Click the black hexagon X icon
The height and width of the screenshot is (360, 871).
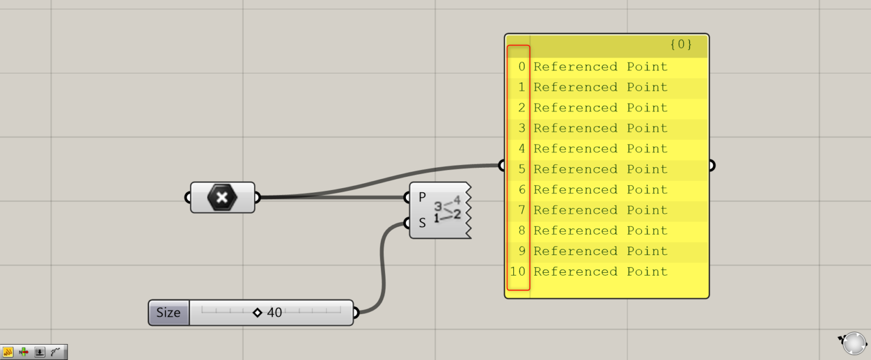222,197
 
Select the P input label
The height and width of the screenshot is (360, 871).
422,197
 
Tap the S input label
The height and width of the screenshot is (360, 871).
422,223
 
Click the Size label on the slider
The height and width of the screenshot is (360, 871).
168,312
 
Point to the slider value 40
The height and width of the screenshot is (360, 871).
274,312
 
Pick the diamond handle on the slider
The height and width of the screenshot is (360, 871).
257,312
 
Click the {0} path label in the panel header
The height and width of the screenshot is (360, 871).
680,45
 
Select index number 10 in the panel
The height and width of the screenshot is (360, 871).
518,272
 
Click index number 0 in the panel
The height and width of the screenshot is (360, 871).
522,67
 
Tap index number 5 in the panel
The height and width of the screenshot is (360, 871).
522,170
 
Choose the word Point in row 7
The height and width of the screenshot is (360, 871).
647,210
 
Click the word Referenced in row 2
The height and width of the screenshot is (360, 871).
575,108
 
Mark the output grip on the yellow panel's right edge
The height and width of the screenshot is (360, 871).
711,166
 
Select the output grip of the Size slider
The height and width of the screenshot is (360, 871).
356,312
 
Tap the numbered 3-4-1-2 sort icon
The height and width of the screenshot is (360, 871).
447,210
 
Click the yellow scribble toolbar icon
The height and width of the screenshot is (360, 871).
8,352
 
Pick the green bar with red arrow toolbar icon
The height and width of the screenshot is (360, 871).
24,352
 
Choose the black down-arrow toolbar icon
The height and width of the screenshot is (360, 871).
40,352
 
